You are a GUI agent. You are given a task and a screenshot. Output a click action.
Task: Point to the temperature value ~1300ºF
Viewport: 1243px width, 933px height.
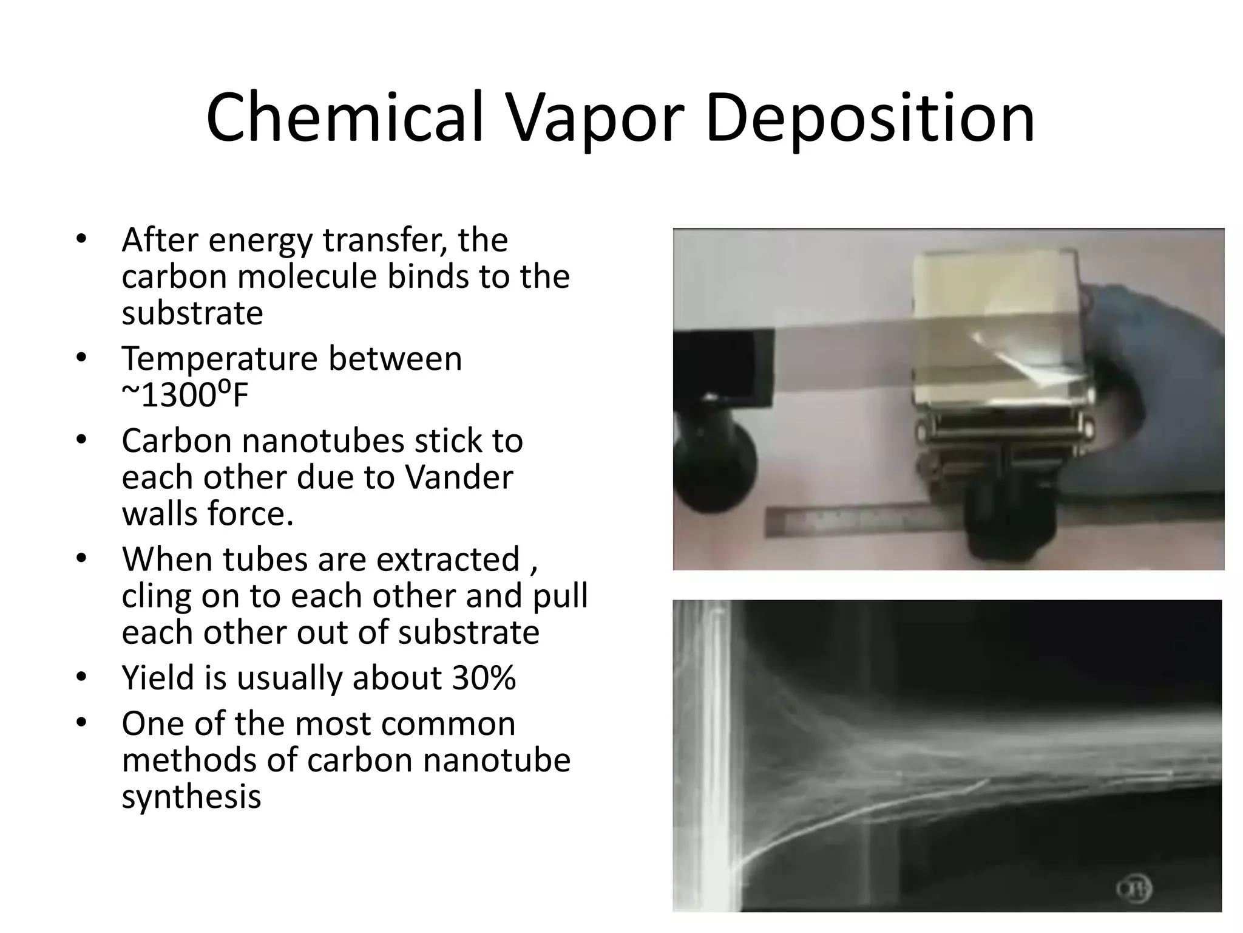185,395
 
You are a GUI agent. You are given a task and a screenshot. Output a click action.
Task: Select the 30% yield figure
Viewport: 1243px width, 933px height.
483,677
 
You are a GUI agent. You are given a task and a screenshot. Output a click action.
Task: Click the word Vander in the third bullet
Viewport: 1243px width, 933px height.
459,477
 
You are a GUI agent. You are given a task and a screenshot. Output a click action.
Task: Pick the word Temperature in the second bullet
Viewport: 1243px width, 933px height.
219,358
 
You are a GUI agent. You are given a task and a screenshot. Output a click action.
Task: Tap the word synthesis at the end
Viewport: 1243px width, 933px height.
191,796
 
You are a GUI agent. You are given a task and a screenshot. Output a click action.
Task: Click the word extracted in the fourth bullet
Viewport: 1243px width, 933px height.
448,559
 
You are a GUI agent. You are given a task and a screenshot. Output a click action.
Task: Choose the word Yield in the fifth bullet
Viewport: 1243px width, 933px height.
158,677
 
